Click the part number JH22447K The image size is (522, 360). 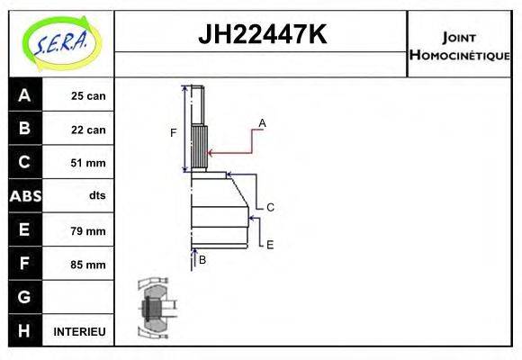pyautogui.click(x=261, y=35)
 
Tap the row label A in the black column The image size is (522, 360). pyautogui.click(x=23, y=95)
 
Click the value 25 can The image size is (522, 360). pyautogui.click(x=88, y=95)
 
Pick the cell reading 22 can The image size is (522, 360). pyautogui.click(x=88, y=130)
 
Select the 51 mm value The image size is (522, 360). pyautogui.click(x=88, y=163)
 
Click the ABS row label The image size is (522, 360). pyautogui.click(x=23, y=196)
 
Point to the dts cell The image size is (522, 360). pyautogui.click(x=97, y=196)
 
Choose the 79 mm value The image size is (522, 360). pyautogui.click(x=88, y=231)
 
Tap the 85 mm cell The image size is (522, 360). pyautogui.click(x=88, y=265)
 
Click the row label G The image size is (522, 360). pyautogui.click(x=23, y=297)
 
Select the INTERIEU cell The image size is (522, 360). pyautogui.click(x=79, y=332)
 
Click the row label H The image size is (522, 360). pyautogui.click(x=23, y=331)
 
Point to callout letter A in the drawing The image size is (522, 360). pyautogui.click(x=262, y=122)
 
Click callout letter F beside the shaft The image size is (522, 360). pyautogui.click(x=174, y=133)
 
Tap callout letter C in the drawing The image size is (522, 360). pyautogui.click(x=269, y=207)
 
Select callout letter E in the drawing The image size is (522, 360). pyautogui.click(x=269, y=244)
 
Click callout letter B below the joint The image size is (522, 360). pyautogui.click(x=202, y=259)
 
